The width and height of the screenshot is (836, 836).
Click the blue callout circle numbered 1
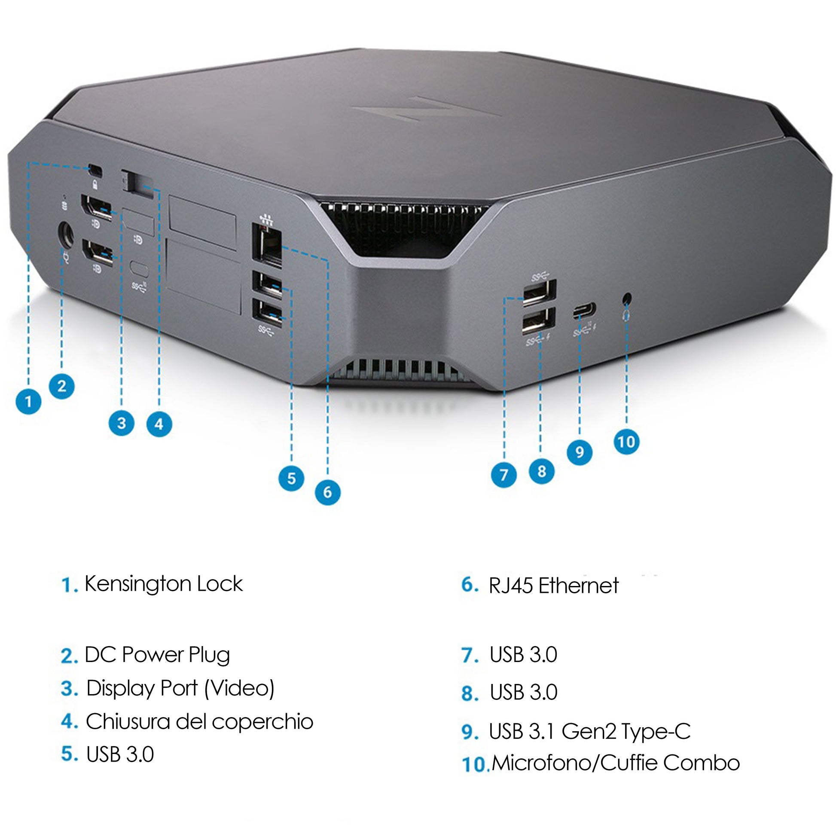pos(28,401)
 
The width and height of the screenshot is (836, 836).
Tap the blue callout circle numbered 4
pos(159,424)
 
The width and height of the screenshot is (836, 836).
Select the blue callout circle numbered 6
pos(327,492)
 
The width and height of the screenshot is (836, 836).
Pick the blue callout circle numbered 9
pos(580,452)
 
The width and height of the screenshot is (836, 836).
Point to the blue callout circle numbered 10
pos(626,442)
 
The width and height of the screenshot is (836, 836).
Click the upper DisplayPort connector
pos(96,207)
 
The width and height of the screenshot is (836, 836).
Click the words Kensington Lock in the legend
pos(164,584)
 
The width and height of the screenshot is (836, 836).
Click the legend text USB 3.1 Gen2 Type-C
pos(589,731)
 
